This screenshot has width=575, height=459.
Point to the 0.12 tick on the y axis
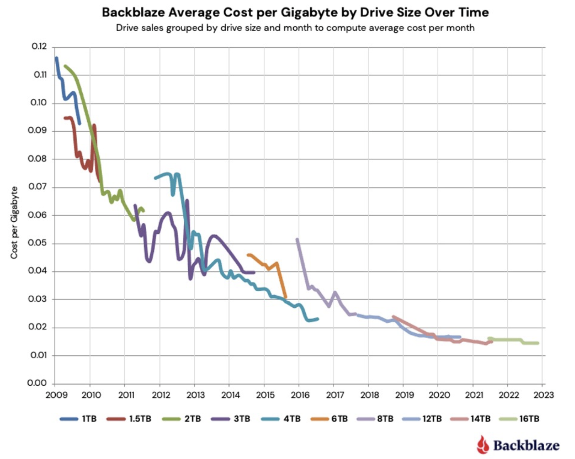39,47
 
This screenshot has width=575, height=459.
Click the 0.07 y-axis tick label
37,187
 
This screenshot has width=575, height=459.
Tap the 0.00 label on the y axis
37,383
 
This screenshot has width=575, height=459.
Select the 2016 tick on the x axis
300,395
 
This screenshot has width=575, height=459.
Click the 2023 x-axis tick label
543,395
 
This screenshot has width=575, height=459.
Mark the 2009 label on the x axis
56,395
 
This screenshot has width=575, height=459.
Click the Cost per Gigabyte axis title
14,223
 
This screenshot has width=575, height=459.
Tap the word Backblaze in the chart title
133,12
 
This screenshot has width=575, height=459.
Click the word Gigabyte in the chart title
309,12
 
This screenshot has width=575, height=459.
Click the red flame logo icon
483,445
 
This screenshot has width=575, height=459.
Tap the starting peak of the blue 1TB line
56,58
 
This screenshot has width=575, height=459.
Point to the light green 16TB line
508,340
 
